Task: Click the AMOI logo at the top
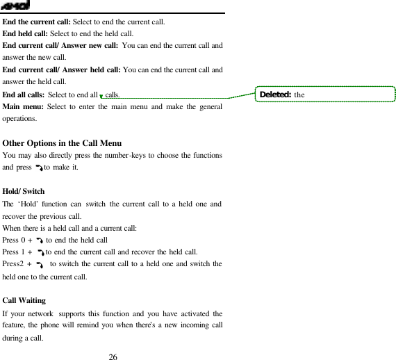pyautogui.click(x=14, y=6)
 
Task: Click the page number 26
pyautogui.click(x=113, y=357)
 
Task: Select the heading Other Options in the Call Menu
pyautogui.click(x=62, y=143)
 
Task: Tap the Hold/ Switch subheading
pyautogui.click(x=24, y=190)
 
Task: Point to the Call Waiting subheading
pyautogui.click(x=24, y=300)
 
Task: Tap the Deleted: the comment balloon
pyautogui.click(x=324, y=95)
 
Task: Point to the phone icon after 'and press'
pyautogui.click(x=39, y=168)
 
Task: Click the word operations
pyautogui.click(x=19, y=119)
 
